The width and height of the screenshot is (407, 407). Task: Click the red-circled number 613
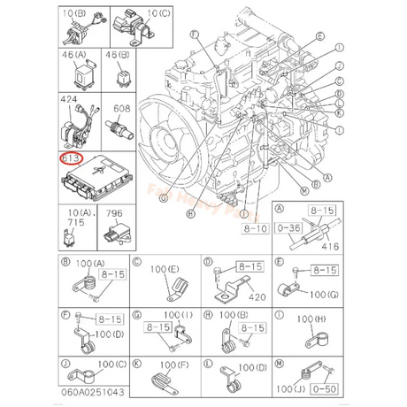pyautogui.click(x=70, y=159)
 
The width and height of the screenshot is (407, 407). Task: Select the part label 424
pyautogui.click(x=68, y=103)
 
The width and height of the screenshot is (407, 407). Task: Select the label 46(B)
pyautogui.click(x=117, y=54)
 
